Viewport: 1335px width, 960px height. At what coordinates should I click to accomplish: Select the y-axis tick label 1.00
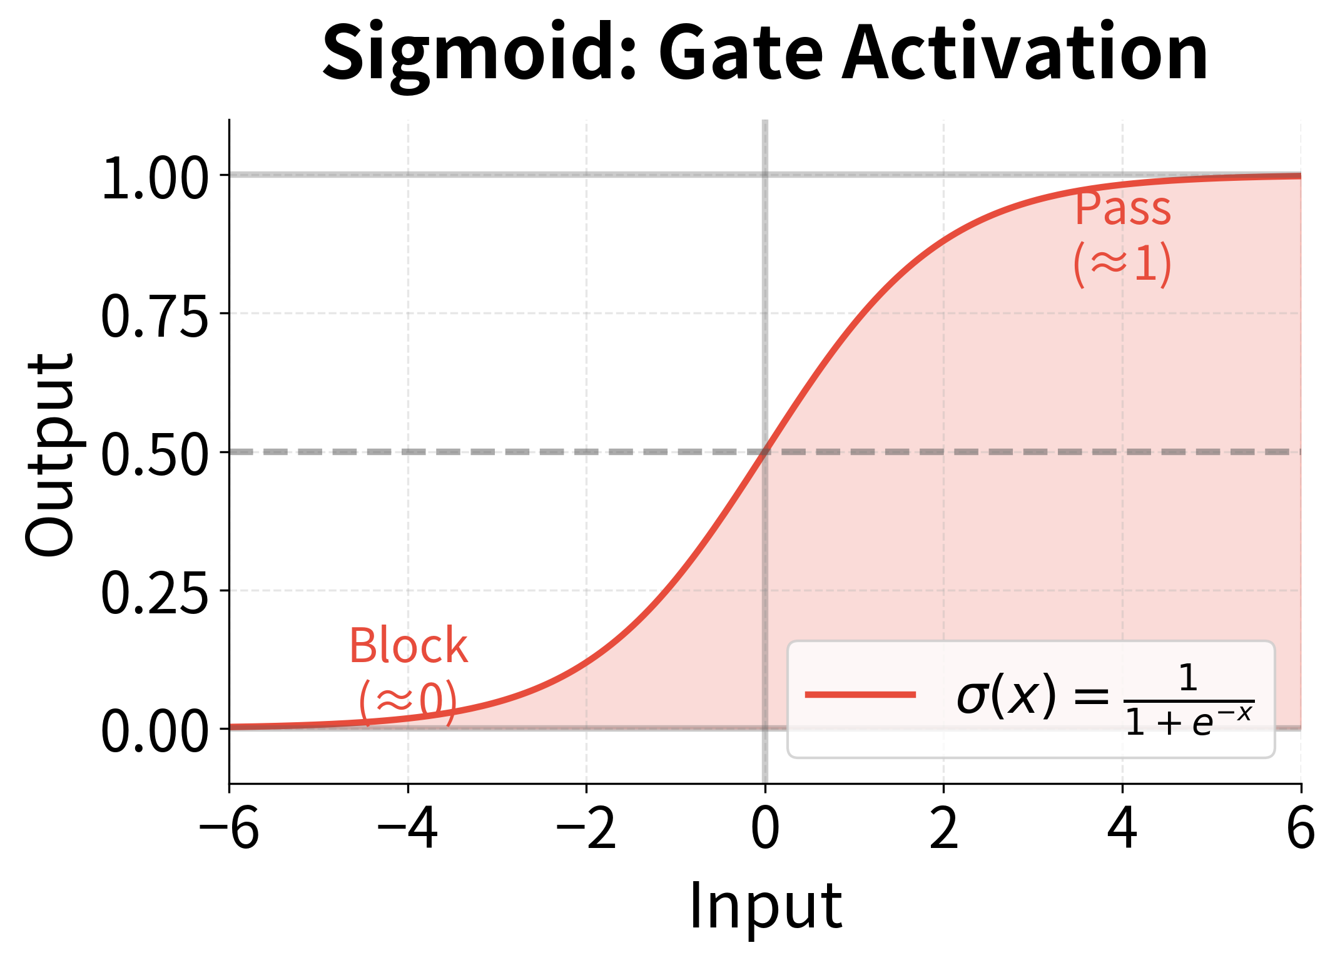155,179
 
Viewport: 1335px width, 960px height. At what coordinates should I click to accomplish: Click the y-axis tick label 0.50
155,456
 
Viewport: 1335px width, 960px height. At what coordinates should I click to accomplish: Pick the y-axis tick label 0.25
155,595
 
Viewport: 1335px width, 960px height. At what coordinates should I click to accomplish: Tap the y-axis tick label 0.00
155,733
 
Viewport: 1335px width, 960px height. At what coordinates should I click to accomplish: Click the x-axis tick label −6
228,829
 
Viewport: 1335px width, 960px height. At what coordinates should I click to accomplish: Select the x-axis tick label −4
407,829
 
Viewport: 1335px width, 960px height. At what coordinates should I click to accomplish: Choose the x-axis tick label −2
586,829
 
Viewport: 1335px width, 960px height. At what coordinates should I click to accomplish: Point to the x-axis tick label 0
765,829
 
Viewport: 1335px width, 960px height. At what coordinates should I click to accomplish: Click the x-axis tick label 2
943,829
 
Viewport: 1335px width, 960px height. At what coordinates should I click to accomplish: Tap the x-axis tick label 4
1122,829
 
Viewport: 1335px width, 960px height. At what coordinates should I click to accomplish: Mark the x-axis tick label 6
1301,829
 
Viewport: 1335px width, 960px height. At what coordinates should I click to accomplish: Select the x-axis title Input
765,906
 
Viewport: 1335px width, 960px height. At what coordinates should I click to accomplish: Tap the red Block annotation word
408,646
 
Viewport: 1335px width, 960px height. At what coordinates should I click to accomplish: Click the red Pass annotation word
1122,208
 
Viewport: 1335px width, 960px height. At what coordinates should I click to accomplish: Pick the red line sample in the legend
860,695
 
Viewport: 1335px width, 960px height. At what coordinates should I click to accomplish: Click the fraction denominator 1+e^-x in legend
1189,721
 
